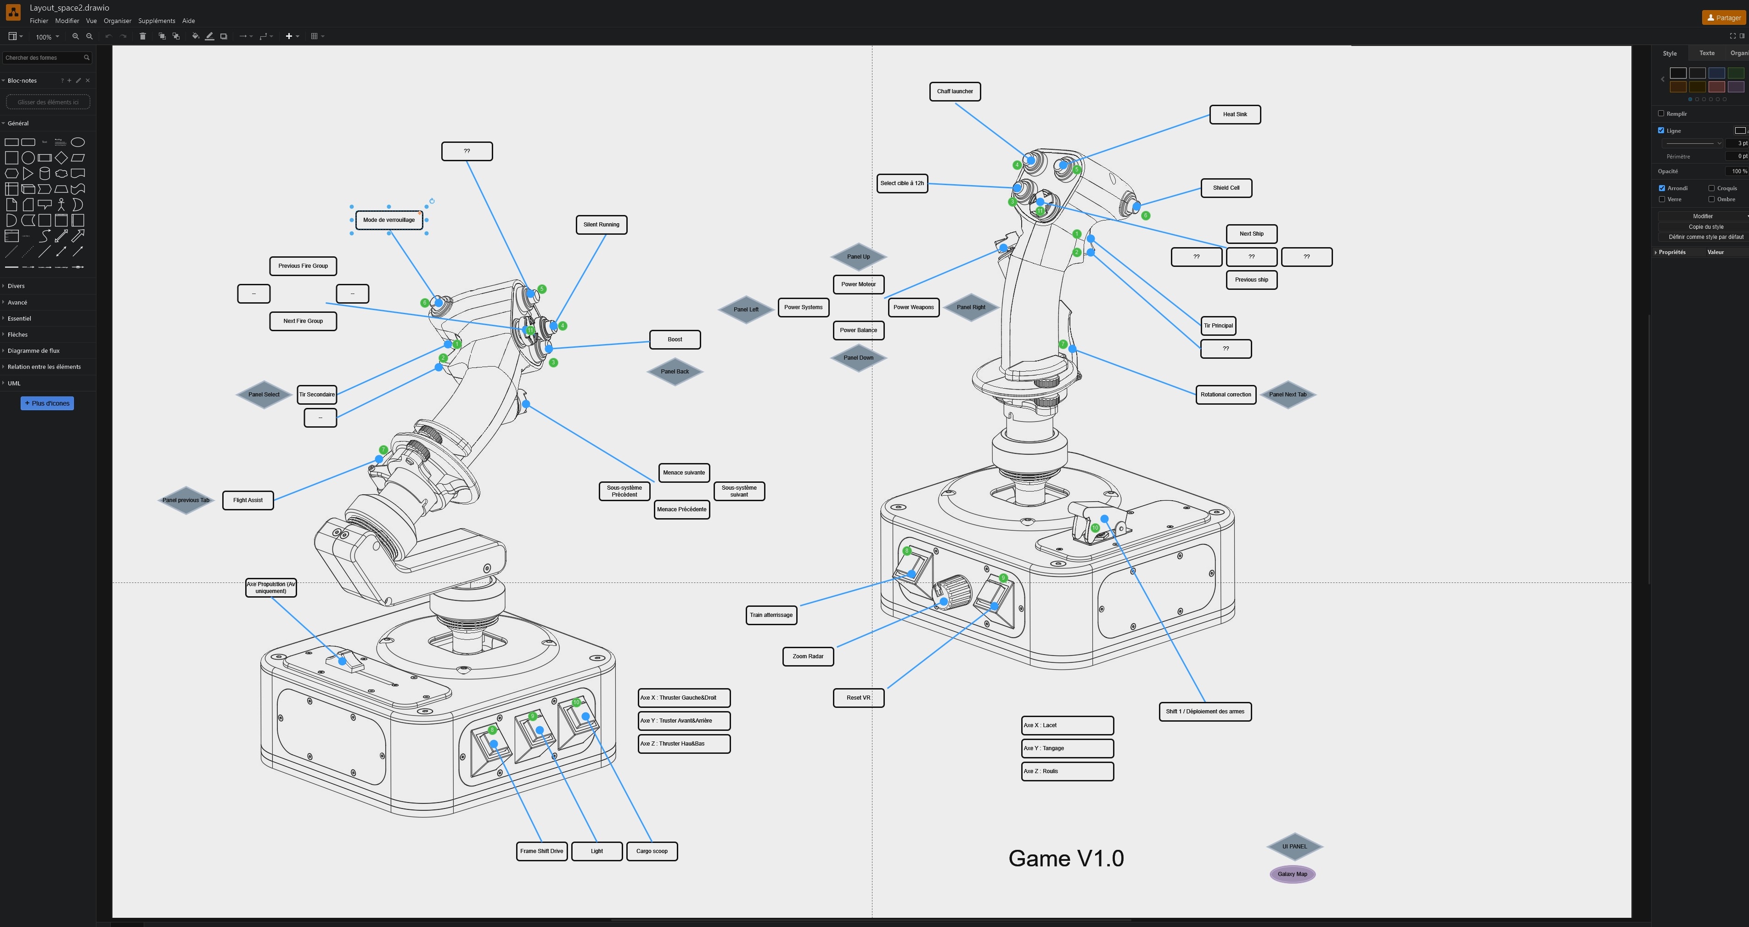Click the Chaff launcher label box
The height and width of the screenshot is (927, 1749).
pos(955,91)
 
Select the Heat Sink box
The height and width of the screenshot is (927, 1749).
pos(1234,114)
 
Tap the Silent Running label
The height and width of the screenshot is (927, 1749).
pos(601,225)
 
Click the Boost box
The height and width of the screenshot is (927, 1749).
pos(674,339)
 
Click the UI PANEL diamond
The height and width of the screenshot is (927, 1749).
pos(1294,846)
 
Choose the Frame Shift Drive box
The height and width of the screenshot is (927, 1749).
pos(541,851)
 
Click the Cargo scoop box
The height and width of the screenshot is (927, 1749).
pos(651,851)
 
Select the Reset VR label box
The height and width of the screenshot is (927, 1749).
pos(858,697)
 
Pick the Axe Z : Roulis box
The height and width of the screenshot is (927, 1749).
pos(1067,771)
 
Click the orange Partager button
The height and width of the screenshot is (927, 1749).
pos(1723,17)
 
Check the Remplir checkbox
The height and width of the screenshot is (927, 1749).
pos(1661,113)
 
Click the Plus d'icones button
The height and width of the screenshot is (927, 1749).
pos(47,403)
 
